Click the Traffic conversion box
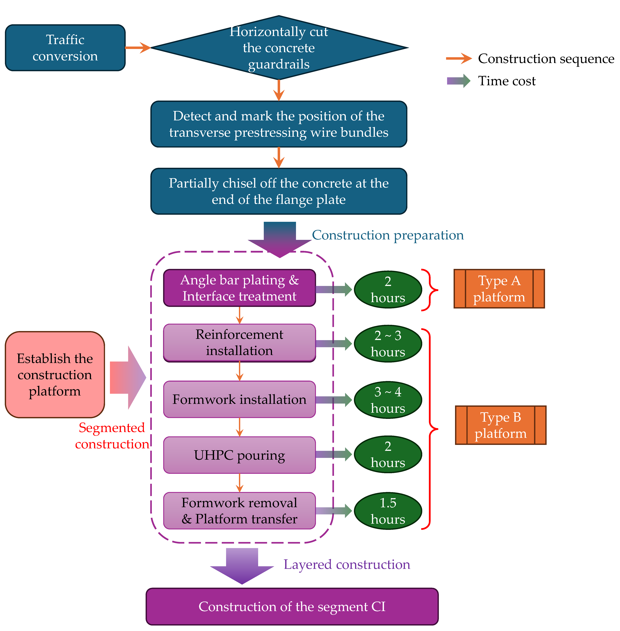(65, 48)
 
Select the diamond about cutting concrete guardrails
(279, 48)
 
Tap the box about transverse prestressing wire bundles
(279, 124)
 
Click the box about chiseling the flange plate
(279, 191)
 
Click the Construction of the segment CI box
(292, 607)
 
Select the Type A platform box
(499, 289)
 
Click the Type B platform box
(501, 425)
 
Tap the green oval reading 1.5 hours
(388, 511)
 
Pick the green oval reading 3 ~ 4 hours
(388, 400)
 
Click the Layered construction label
(347, 565)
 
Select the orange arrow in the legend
(459, 59)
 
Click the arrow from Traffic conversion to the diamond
(138, 48)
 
